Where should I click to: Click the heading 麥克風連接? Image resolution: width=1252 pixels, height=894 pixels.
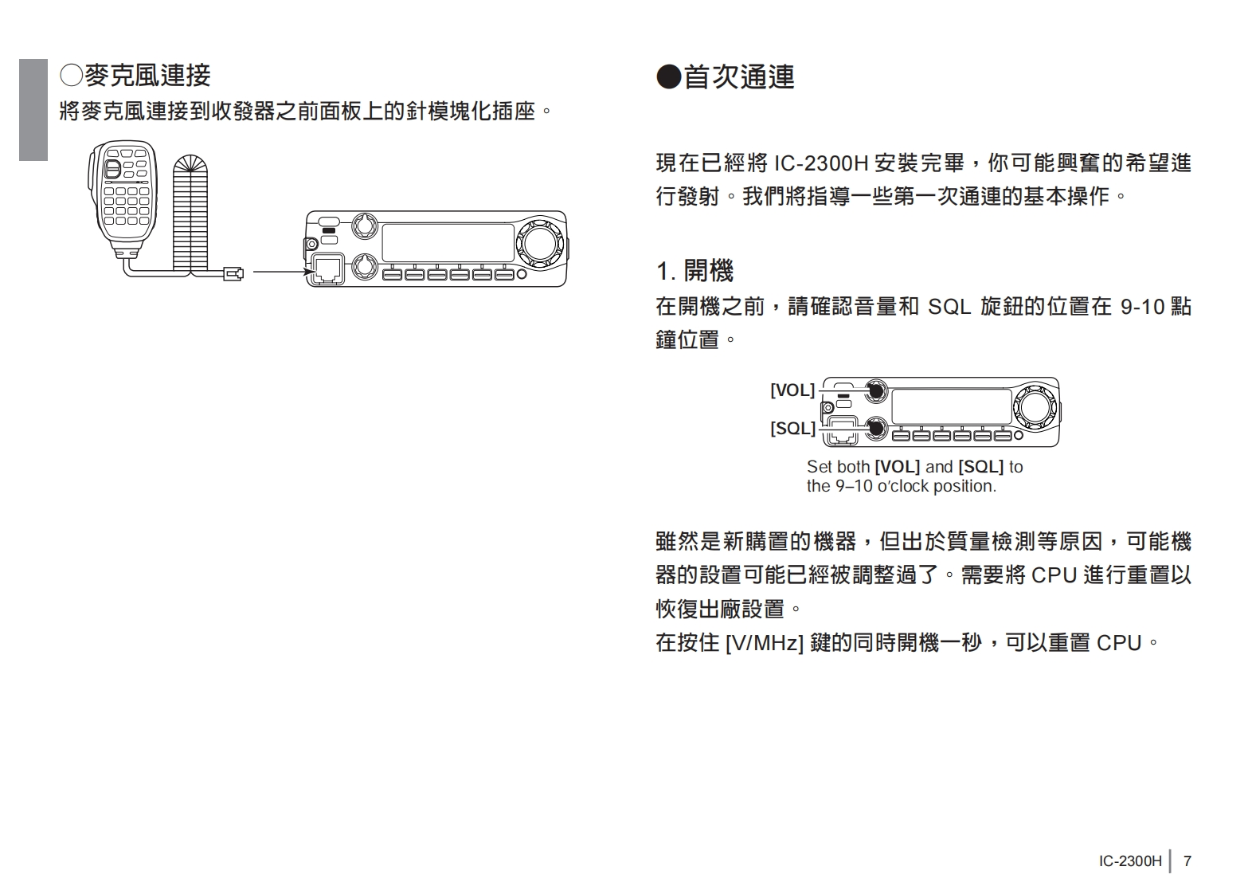click(x=135, y=76)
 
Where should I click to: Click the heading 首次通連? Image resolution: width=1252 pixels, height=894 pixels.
click(x=726, y=77)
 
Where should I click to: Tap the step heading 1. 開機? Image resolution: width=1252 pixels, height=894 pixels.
click(x=694, y=271)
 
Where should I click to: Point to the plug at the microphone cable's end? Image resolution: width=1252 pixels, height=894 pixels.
click(x=234, y=274)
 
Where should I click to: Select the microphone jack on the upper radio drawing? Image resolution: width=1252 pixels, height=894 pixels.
click(x=327, y=269)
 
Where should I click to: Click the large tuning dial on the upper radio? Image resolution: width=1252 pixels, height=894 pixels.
click(x=539, y=241)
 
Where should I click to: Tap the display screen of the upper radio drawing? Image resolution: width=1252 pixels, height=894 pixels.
click(x=448, y=242)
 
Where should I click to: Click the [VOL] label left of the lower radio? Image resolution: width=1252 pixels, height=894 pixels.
click(x=792, y=390)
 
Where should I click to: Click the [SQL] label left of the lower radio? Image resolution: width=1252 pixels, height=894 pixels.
click(x=792, y=429)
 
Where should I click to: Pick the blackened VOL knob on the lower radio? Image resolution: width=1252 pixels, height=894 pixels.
click(x=876, y=390)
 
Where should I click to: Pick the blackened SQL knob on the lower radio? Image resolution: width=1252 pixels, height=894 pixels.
click(x=876, y=429)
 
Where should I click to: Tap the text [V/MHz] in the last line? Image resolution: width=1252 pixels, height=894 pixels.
click(x=764, y=643)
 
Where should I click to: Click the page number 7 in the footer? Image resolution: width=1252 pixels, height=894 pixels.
click(x=1187, y=861)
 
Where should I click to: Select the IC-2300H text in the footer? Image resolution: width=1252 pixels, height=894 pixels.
click(x=1130, y=861)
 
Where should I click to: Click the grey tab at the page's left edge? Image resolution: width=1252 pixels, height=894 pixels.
click(x=33, y=109)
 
